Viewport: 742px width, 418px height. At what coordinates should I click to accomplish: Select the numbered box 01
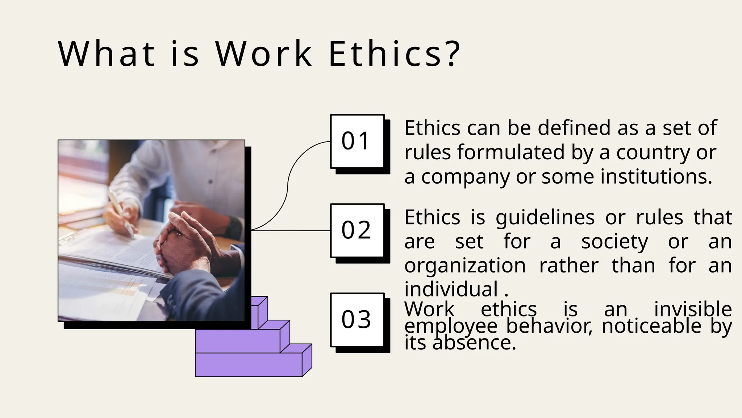[357, 141]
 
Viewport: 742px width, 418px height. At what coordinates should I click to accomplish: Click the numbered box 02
[357, 230]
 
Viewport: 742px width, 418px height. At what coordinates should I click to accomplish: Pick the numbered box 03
[357, 320]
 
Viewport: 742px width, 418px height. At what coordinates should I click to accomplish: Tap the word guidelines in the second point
[545, 218]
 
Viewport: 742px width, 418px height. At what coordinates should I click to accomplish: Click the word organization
[465, 266]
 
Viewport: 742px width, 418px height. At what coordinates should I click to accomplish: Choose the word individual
[451, 290]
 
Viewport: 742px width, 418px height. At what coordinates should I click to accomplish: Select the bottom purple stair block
[249, 364]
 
